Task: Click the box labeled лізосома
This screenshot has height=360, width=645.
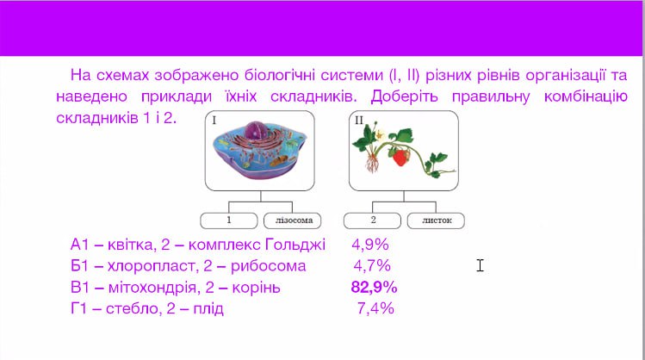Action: tap(293, 220)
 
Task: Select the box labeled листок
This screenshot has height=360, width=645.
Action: tap(436, 220)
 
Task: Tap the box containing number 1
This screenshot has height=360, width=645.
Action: tap(229, 220)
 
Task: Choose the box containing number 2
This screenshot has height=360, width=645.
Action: tap(372, 220)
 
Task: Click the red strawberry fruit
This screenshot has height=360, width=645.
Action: tap(400, 157)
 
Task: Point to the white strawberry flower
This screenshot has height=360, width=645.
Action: tap(380, 134)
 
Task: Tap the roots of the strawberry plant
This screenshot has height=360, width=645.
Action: tap(372, 162)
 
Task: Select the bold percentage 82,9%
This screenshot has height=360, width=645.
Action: tap(374, 287)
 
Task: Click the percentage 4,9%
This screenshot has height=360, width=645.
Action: tap(370, 245)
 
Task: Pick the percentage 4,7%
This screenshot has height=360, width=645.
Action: tap(372, 266)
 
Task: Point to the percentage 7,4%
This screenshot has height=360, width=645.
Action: tap(375, 308)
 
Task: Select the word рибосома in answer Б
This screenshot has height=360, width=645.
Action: tap(268, 266)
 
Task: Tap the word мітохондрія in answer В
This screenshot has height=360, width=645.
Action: tap(154, 288)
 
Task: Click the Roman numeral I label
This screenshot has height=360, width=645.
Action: tap(214, 120)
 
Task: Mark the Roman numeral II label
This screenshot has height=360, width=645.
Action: tap(359, 120)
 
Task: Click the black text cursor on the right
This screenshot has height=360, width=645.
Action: tap(480, 265)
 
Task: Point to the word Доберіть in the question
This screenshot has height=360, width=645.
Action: tap(405, 97)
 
